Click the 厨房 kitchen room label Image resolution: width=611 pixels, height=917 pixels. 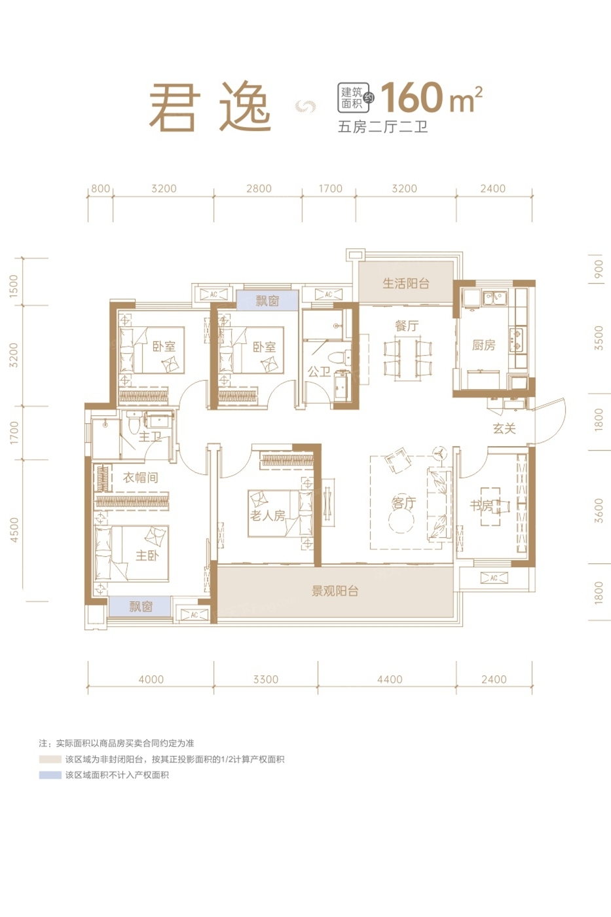coord(483,345)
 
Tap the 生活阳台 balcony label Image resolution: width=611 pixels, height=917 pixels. coord(405,283)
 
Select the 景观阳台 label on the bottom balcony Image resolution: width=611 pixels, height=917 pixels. coord(335,591)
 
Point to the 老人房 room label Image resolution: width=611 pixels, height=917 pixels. coord(267,515)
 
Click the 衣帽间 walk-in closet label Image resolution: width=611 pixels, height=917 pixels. coord(140,477)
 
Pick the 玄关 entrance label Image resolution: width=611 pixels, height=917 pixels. coord(504,428)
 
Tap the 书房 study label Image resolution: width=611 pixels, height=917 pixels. coord(482,506)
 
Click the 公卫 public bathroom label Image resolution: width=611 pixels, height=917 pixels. coord(319,371)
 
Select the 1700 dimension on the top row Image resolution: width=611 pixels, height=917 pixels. coord(330,189)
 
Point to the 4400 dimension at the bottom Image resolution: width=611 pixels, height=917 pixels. coord(390,679)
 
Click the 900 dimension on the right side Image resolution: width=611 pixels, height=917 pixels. coord(599,269)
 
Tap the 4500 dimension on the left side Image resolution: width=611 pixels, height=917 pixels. coord(14,530)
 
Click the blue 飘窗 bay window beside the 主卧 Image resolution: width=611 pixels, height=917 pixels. coord(139,607)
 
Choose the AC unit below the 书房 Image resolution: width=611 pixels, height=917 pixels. coord(494,578)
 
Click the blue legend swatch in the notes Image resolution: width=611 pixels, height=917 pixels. coord(50,775)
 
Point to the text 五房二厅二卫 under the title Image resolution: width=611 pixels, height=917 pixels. coord(382,127)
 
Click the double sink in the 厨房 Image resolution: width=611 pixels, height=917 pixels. coord(495,298)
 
